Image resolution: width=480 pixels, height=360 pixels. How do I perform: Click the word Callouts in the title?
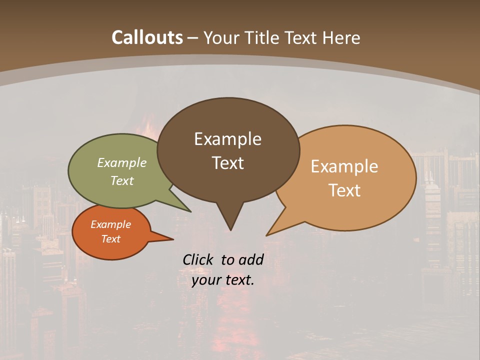coord(147,37)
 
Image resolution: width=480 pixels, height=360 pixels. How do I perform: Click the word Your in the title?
coord(220,37)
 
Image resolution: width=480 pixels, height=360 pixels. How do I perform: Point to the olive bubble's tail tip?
coord(190,211)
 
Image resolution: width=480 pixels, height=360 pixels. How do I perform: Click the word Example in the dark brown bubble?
coord(228,139)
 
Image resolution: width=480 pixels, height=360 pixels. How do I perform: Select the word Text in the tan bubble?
coord(344,190)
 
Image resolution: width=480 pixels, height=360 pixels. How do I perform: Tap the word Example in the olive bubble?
coord(122,162)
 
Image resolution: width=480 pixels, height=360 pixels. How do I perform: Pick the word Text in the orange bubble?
coord(111,239)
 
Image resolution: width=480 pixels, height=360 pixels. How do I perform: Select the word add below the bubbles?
coord(250,259)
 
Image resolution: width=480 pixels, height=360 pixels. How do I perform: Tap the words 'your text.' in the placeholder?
coord(223,280)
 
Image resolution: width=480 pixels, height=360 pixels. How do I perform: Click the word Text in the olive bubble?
coord(122,180)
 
